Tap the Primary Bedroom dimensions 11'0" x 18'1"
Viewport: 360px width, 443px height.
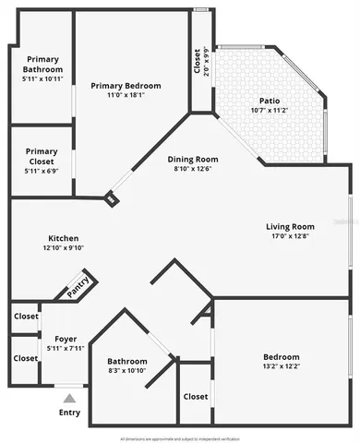[x=131, y=94]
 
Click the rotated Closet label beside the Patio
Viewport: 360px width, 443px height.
[x=197, y=62]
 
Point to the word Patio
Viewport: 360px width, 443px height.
[x=270, y=101]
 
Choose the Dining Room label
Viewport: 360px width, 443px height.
[x=193, y=158]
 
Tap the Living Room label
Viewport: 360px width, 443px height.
[x=291, y=226]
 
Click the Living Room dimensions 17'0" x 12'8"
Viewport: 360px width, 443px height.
[x=291, y=236]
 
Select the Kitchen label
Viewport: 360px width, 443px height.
[x=64, y=237]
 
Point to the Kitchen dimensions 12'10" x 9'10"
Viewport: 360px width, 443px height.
[x=64, y=247]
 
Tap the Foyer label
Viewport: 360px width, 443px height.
[x=66, y=338]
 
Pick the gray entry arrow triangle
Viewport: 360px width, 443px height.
[x=69, y=398]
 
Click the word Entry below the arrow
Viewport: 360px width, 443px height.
[x=70, y=413]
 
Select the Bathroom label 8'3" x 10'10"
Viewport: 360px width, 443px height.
[x=127, y=361]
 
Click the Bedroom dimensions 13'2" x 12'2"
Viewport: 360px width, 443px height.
[x=281, y=367]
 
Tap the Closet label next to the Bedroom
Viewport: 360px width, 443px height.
[x=196, y=397]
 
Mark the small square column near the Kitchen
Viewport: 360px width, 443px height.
[x=111, y=198]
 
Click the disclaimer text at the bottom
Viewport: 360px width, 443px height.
[x=180, y=437]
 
